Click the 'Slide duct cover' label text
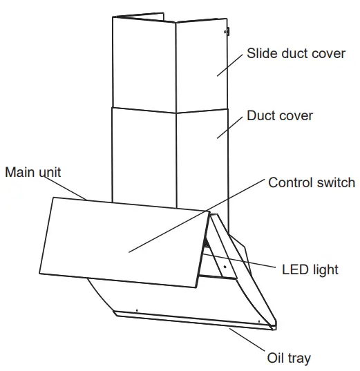tap(296, 53)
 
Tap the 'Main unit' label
tap(32, 172)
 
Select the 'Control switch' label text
tap(311, 183)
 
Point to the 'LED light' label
tap(311, 269)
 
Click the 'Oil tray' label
tap(289, 358)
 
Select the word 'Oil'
tap(276, 358)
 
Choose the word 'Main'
tap(19, 172)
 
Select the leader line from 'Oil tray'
tap(249, 340)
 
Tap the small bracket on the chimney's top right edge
tap(226, 31)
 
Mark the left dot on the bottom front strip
tap(137, 310)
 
